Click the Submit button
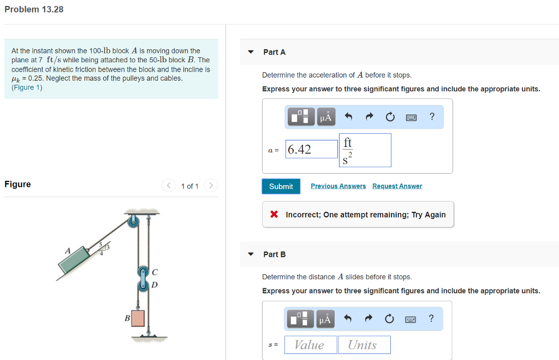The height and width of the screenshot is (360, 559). [x=281, y=186]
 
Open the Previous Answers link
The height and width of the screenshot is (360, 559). [x=338, y=186]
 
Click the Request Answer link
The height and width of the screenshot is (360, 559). [x=397, y=186]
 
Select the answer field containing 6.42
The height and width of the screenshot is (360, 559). [x=312, y=149]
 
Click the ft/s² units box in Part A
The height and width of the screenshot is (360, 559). [x=365, y=150]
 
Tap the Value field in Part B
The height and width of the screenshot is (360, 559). [x=309, y=345]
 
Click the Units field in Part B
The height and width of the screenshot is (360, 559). [x=362, y=345]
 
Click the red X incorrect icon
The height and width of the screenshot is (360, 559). [x=275, y=215]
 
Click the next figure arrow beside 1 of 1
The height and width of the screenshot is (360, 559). [x=211, y=186]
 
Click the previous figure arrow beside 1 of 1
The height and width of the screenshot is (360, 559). [x=168, y=186]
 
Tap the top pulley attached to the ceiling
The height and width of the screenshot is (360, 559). [x=133, y=221]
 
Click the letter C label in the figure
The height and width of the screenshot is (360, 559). [x=155, y=271]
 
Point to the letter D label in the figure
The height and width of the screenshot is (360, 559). [x=155, y=285]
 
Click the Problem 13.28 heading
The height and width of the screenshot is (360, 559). [x=34, y=9]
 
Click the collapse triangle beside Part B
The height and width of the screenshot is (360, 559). [x=251, y=254]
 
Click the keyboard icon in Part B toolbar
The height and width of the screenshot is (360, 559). [x=411, y=319]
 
